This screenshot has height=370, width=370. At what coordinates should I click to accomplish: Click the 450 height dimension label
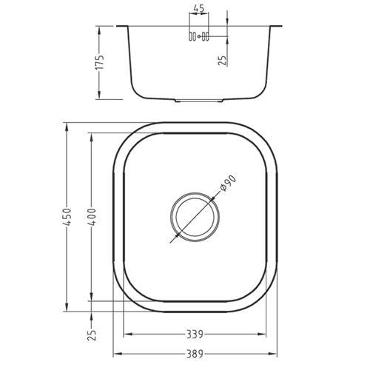(x=66, y=216)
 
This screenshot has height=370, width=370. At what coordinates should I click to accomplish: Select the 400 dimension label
(x=90, y=216)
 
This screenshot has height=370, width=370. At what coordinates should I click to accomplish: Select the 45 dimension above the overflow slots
(x=198, y=10)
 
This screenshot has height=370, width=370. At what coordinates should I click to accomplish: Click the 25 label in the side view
(x=223, y=58)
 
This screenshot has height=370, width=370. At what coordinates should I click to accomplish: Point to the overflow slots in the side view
(x=198, y=36)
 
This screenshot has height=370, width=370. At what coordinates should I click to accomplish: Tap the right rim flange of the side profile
(x=276, y=27)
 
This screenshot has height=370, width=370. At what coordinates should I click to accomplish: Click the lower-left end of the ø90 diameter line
(x=171, y=242)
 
